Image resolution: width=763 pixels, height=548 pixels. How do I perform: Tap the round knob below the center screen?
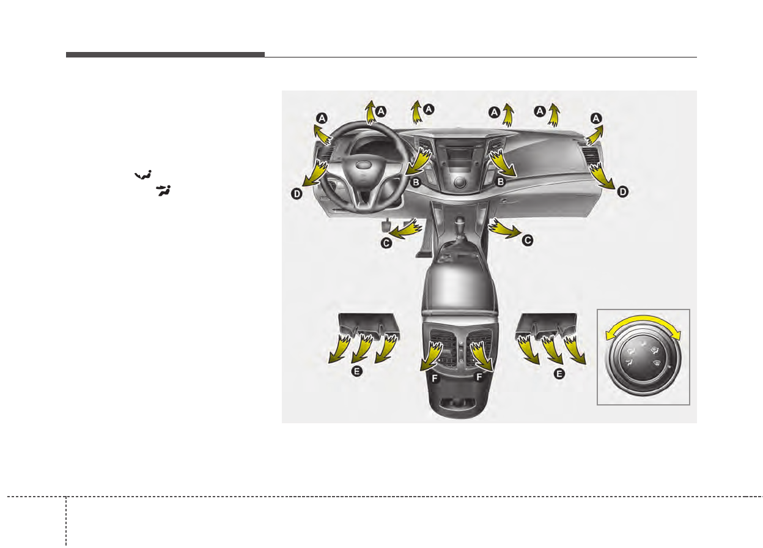coord(460,182)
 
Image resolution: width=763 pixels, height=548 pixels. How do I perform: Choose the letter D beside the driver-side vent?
coord(297,194)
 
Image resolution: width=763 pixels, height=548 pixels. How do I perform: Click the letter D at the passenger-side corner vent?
coord(622,191)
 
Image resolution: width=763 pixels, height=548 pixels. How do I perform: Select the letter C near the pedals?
coord(386,243)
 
